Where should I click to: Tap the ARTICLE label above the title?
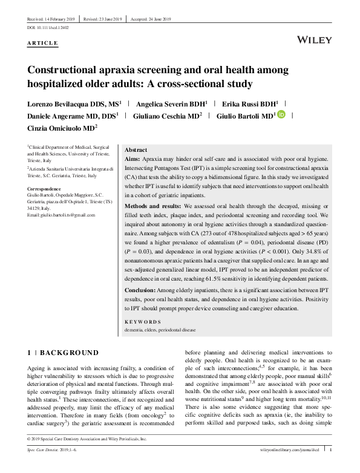point(42,44)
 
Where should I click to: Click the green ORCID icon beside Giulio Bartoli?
point(281,114)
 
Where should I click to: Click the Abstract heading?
point(136,150)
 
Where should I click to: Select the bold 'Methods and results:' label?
point(151,206)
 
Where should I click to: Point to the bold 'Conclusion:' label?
point(143,290)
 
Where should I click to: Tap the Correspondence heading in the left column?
point(47,189)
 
